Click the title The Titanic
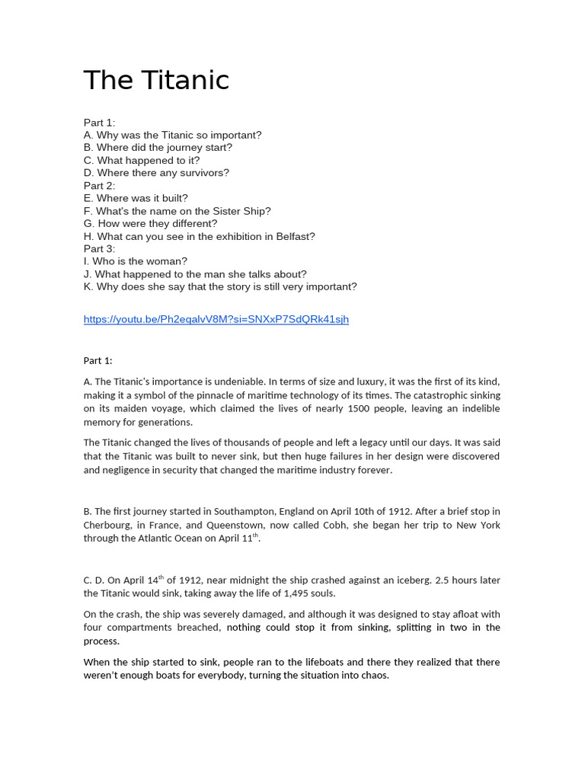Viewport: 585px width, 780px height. click(x=156, y=80)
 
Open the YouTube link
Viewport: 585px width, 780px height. click(x=216, y=319)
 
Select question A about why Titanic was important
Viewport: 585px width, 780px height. click(x=172, y=135)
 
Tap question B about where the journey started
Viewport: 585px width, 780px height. click(x=158, y=148)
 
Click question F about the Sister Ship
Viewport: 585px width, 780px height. click(x=177, y=211)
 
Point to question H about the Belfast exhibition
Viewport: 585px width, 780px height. click(x=199, y=236)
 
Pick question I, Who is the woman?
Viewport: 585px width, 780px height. click(x=135, y=261)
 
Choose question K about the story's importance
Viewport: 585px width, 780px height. click(x=220, y=287)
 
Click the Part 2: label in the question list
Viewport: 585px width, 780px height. click(x=99, y=186)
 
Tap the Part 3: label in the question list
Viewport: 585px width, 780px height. click(x=99, y=249)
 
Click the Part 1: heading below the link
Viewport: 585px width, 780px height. click(x=97, y=360)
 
